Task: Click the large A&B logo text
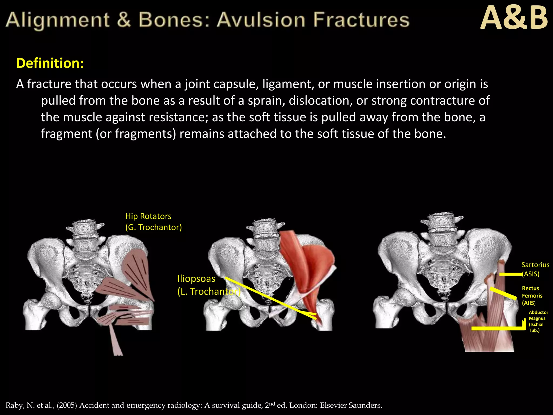(x=514, y=18)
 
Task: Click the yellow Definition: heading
(x=50, y=63)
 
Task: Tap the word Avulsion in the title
(x=261, y=20)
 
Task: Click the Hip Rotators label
(x=148, y=216)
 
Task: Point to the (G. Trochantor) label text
(x=153, y=227)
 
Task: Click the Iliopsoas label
(x=196, y=279)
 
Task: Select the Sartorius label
(x=535, y=265)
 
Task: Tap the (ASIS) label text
(x=531, y=274)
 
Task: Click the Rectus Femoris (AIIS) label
(x=532, y=296)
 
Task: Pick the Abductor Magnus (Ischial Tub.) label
(x=538, y=321)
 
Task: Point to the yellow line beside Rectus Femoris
(x=503, y=293)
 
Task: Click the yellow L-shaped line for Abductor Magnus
(x=497, y=329)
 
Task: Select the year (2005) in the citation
(x=67, y=405)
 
